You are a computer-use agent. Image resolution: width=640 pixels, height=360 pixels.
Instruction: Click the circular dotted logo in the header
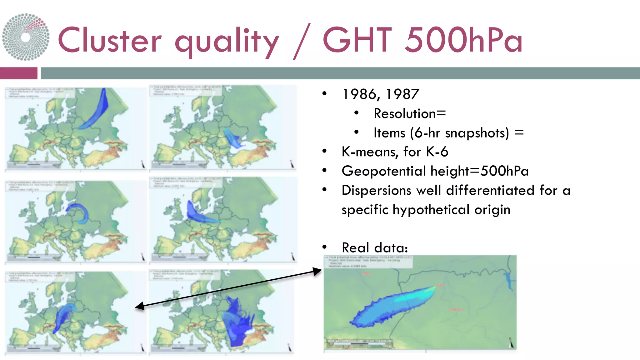(26, 37)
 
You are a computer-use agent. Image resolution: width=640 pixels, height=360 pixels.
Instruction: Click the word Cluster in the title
(110, 40)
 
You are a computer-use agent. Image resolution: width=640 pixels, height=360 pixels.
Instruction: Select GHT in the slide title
(357, 40)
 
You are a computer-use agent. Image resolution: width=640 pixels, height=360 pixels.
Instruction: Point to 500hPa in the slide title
(463, 40)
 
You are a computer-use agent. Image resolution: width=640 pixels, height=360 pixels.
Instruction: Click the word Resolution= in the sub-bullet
(410, 113)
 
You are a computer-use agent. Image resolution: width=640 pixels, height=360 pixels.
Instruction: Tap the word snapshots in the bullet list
(477, 133)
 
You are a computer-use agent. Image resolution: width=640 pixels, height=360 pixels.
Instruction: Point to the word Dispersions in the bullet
(376, 190)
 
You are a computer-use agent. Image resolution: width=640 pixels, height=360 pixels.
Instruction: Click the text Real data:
(375, 248)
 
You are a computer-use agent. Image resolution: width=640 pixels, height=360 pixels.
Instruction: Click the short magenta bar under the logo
(18, 73)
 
